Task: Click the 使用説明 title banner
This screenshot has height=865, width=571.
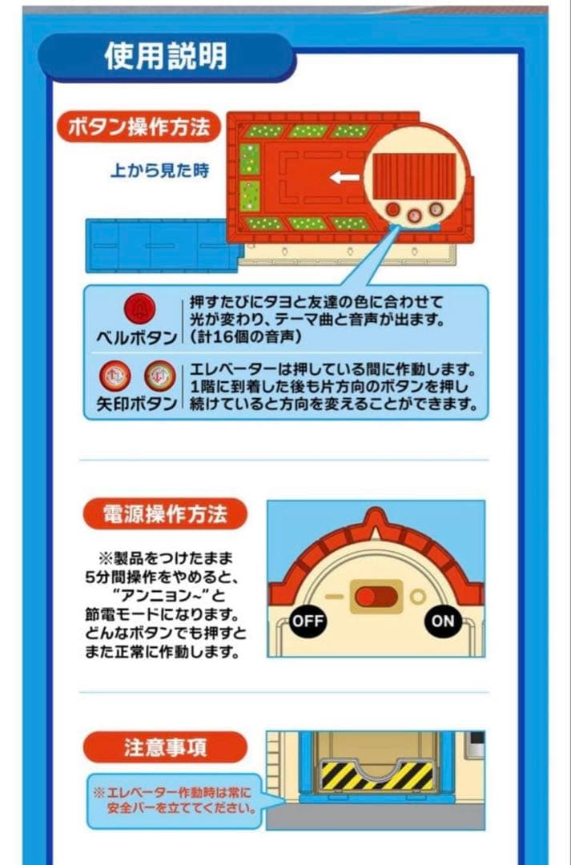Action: pos(166,56)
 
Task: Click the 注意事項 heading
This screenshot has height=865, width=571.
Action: pos(165,747)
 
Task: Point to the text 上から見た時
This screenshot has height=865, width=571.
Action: pos(159,171)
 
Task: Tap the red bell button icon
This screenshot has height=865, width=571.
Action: pos(139,309)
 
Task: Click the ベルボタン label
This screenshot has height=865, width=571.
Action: pos(135,337)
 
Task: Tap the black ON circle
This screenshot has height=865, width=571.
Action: pos(443,621)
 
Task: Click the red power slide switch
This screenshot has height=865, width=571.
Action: pos(376,597)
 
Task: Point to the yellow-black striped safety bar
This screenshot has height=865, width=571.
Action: pos(377,774)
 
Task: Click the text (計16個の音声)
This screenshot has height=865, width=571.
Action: pos(245,337)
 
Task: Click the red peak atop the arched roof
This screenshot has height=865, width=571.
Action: pos(376,521)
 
